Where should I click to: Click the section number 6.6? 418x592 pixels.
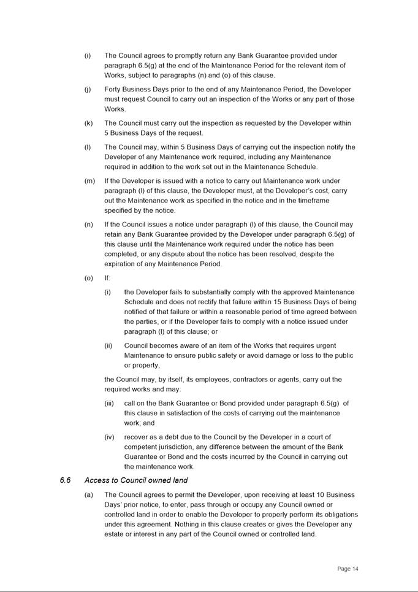tap(65, 480)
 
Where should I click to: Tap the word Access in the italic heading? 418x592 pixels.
tap(97, 480)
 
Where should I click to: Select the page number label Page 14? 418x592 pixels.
tap(348, 569)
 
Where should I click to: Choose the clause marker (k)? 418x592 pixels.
tap(89, 123)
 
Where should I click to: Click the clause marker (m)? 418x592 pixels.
tap(89, 181)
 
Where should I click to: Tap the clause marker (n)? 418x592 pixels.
tap(89, 225)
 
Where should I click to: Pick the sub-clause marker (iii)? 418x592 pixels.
tap(109, 403)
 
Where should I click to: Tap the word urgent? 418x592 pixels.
tap(325, 345)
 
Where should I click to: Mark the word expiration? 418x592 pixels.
tap(124, 264)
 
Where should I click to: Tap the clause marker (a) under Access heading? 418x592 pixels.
tap(89, 494)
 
